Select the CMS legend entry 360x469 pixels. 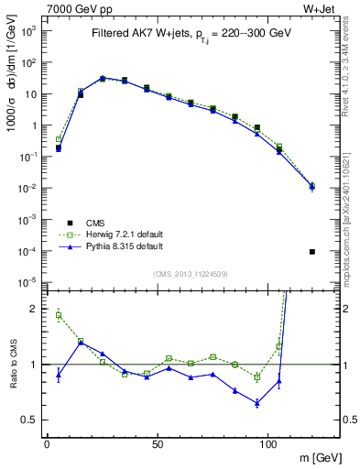click(x=97, y=223)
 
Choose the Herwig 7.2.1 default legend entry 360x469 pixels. click(x=123, y=234)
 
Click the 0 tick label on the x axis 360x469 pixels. click(x=47, y=442)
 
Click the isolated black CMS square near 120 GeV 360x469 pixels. click(x=312, y=252)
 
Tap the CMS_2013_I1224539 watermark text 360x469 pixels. click(x=191, y=273)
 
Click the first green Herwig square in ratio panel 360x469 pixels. click(x=59, y=315)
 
